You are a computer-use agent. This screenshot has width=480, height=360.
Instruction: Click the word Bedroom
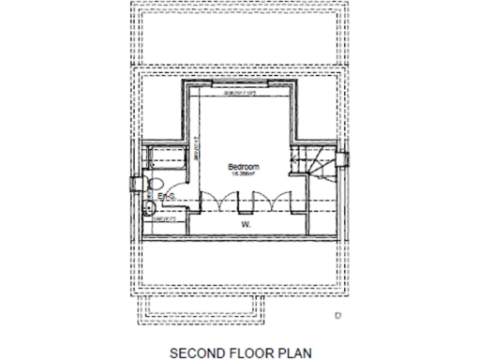(x=244, y=166)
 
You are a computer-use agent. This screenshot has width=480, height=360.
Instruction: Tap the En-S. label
(x=167, y=196)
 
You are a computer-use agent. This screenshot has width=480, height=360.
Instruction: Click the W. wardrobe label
(x=244, y=225)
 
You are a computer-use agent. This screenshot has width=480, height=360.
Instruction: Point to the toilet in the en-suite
(x=156, y=182)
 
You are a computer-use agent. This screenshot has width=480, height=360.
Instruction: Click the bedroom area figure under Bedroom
(x=244, y=173)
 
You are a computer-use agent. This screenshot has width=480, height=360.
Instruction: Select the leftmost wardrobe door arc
(x=207, y=202)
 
